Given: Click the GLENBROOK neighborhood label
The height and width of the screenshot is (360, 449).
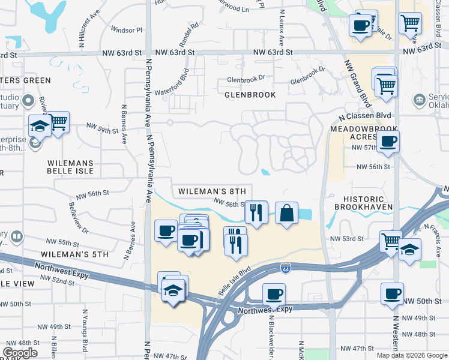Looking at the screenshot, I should [250, 95].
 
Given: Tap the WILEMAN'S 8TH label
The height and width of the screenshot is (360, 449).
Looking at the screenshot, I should [212, 191].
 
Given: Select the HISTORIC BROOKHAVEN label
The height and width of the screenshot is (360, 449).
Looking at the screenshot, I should [368, 203].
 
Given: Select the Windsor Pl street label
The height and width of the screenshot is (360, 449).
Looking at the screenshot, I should [127, 29].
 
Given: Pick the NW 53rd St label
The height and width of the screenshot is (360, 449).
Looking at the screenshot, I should [347, 239].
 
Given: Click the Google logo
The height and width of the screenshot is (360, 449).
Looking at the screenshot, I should [20, 353].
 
